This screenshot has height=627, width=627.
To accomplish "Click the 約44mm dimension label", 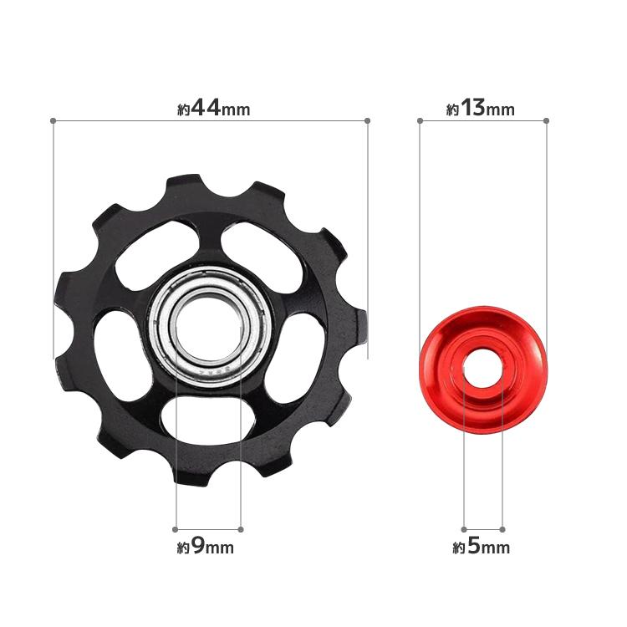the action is pyautogui.click(x=214, y=109).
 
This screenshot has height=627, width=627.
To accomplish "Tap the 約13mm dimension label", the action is pyautogui.click(x=480, y=109).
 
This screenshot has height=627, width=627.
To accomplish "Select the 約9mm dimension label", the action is pyautogui.click(x=205, y=546).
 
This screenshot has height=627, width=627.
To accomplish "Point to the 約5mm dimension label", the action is pyautogui.click(x=481, y=546).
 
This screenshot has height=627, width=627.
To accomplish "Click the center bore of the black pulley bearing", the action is pyautogui.click(x=208, y=328).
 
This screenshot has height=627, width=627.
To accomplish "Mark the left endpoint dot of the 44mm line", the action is pyautogui.click(x=53, y=120).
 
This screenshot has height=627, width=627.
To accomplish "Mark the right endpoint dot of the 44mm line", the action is pyautogui.click(x=368, y=120).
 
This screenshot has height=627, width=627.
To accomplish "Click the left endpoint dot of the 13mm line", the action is pyautogui.click(x=420, y=120).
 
